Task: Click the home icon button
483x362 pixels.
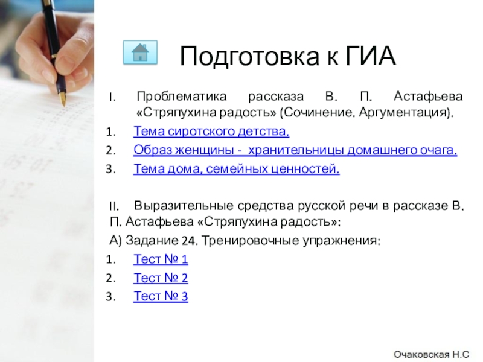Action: tap(140, 52)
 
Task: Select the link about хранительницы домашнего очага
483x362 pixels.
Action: tap(295, 150)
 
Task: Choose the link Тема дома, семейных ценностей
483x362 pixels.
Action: tap(237, 170)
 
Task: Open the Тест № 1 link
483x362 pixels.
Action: tap(161, 259)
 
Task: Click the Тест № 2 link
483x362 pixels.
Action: tap(161, 278)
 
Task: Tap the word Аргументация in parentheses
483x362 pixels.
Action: tap(411, 113)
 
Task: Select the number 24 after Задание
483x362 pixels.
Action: tap(188, 241)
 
